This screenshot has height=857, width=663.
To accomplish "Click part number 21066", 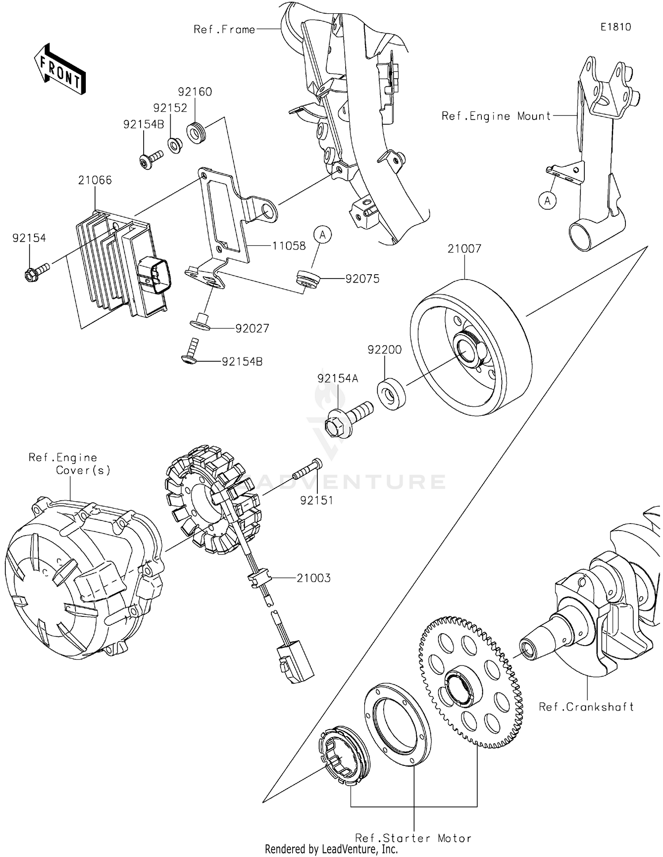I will pyautogui.click(x=95, y=180).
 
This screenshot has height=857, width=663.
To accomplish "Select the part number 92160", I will pyautogui.click(x=194, y=92).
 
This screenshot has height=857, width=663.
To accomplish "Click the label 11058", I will pyautogui.click(x=288, y=245).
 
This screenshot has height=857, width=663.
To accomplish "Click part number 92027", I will pyautogui.click(x=252, y=329).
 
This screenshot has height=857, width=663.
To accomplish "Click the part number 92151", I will pyautogui.click(x=316, y=500).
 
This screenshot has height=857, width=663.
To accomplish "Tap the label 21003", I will pyautogui.click(x=313, y=578).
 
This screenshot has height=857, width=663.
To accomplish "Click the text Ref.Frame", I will pyautogui.click(x=224, y=30).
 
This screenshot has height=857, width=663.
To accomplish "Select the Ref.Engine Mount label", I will pyautogui.click(x=496, y=116).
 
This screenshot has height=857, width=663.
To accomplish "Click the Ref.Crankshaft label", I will pyautogui.click(x=586, y=707).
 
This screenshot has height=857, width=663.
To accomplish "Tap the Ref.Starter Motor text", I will pyautogui.click(x=413, y=838).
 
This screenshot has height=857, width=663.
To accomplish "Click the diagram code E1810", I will pyautogui.click(x=615, y=27).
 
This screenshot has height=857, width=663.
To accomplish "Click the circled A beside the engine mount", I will pyautogui.click(x=547, y=201).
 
